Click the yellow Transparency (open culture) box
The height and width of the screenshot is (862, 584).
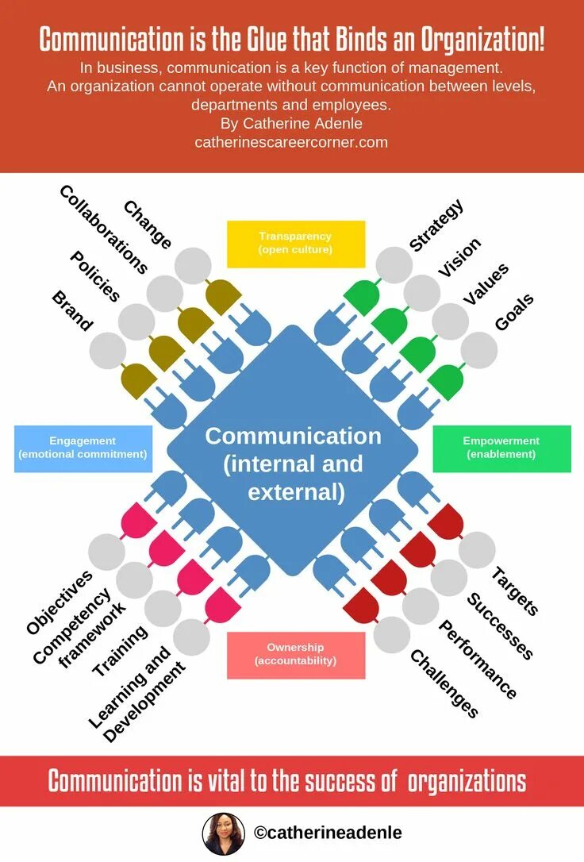click(x=295, y=244)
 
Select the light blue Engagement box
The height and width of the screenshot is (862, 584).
click(x=83, y=448)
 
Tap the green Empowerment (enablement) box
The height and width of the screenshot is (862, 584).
click(x=501, y=448)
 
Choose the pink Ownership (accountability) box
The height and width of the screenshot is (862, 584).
click(x=295, y=654)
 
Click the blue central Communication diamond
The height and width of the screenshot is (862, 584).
click(x=293, y=464)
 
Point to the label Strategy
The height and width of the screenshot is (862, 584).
click(x=436, y=225)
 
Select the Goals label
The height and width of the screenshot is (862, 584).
click(x=514, y=312)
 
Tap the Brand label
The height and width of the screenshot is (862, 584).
click(x=72, y=310)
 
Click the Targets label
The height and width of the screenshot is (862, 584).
click(x=515, y=591)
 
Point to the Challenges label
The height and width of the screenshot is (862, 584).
click(x=444, y=683)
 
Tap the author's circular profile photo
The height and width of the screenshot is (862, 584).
click(x=223, y=833)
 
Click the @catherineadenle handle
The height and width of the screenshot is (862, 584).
click(x=328, y=833)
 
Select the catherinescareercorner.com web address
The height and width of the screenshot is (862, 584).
click(x=291, y=142)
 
